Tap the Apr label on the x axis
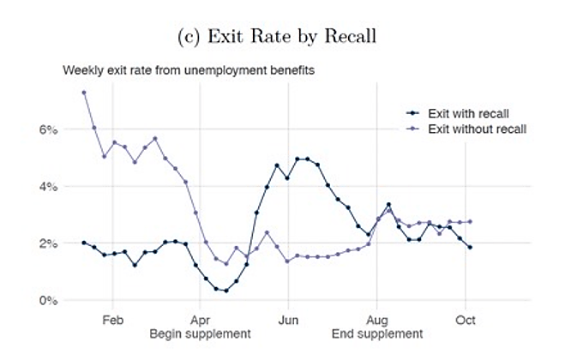click(x=200, y=318)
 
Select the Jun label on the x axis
click(x=288, y=318)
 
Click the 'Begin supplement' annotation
click(x=200, y=333)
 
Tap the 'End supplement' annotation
click(x=376, y=333)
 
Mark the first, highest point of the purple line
click(x=84, y=93)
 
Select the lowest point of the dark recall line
click(x=225, y=291)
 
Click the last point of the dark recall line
click(x=470, y=247)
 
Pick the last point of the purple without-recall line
click(x=470, y=221)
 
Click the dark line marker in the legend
click(x=413, y=112)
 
